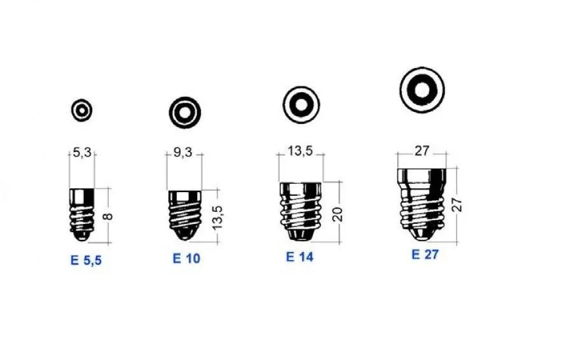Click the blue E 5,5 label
(86, 260)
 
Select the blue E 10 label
(186, 258)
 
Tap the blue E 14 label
(299, 257)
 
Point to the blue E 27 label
(425, 254)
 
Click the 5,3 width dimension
(82, 153)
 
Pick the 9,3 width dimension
(183, 152)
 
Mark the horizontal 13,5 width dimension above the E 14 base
(300, 151)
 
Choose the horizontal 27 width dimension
(421, 151)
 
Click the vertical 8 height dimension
(107, 216)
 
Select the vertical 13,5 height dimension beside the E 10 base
(217, 218)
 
